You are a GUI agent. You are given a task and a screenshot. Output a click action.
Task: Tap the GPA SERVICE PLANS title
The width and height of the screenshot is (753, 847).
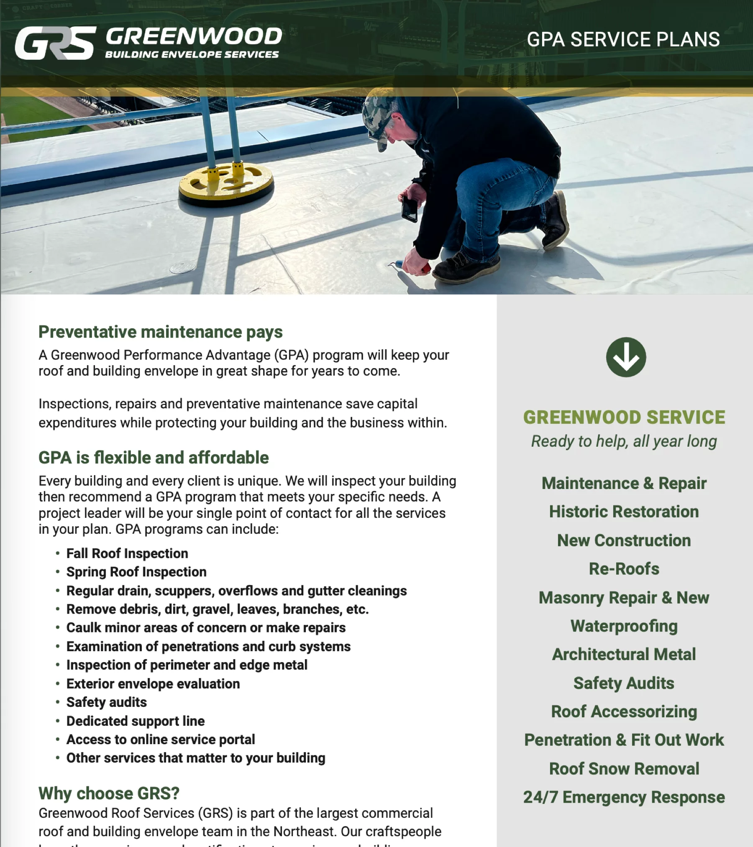point(623,40)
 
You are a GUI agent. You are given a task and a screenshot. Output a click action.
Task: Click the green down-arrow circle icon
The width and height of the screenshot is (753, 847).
point(626,357)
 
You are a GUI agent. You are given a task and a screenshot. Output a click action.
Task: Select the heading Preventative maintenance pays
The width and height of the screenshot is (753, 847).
point(161,332)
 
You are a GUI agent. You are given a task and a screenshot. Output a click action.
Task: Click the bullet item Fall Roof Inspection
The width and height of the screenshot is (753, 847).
point(127,553)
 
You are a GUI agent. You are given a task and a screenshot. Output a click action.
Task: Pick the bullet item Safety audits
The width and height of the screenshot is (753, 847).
point(107,702)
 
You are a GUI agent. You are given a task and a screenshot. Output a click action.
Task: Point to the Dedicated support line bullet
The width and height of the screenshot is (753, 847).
point(136,721)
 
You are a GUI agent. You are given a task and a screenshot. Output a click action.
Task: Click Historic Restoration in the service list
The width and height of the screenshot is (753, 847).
point(624,512)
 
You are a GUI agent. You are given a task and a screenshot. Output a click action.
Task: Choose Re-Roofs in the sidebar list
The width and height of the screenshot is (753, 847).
point(624,569)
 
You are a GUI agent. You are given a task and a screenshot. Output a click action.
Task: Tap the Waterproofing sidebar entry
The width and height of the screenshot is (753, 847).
point(624,626)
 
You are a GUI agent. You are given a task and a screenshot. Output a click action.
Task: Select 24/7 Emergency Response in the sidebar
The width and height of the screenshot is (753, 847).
point(624,797)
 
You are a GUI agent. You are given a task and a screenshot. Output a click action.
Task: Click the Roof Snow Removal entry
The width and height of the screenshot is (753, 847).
point(624,769)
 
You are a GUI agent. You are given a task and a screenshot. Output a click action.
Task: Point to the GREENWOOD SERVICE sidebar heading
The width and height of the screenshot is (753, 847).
point(624,417)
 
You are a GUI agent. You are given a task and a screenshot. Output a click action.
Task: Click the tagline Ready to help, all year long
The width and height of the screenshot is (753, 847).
point(624,441)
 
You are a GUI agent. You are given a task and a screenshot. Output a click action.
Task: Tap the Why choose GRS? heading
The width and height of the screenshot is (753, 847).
point(109,793)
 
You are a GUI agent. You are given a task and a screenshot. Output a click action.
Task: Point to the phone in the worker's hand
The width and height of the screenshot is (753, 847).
point(410,209)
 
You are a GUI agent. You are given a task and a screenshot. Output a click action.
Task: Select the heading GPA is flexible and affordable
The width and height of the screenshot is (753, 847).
point(154,458)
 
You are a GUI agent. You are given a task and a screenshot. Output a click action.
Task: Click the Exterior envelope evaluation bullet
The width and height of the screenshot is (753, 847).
point(153,684)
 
